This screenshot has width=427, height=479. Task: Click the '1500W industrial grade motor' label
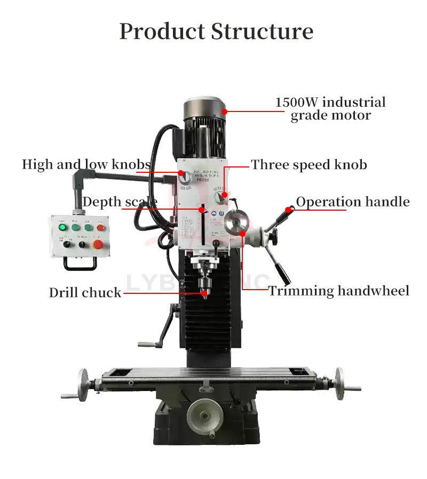pyautogui.click(x=330, y=108)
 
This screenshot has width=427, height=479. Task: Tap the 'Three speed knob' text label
pyautogui.click(x=309, y=164)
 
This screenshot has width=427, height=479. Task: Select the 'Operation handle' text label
pyautogui.click(x=353, y=202)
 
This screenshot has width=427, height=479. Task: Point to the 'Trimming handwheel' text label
pyautogui.click(x=338, y=291)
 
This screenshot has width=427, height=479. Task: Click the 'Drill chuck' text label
pyautogui.click(x=85, y=292)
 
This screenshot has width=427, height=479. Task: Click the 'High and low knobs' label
pyautogui.click(x=86, y=164)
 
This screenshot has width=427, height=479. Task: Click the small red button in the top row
pyautogui.click(x=100, y=228)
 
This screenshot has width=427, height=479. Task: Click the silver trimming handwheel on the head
pyautogui.click(x=235, y=223)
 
